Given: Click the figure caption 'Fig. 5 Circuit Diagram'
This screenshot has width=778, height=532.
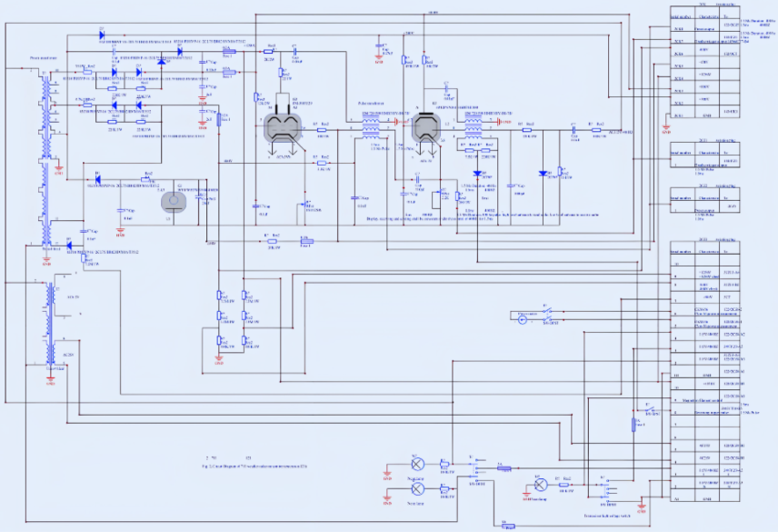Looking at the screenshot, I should coord(254,464).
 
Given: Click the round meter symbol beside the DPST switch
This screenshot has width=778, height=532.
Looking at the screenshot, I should coord(523,318).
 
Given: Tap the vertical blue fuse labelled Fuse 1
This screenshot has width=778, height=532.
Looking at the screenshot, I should coord(634,425).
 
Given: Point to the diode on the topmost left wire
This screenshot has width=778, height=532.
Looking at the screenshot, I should coord(100,34).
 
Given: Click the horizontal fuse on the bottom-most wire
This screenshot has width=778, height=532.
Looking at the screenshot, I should coord(508,525).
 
